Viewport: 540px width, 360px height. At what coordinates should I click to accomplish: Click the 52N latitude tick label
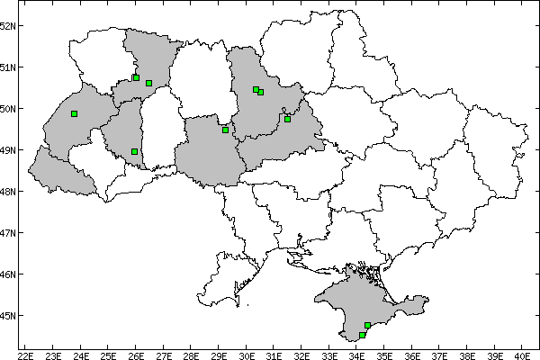[x=9, y=25]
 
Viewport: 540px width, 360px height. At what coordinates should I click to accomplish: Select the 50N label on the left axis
[x=9, y=109]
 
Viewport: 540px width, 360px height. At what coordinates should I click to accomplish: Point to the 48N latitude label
[x=9, y=192]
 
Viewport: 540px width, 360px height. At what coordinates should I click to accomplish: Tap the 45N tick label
[x=9, y=316]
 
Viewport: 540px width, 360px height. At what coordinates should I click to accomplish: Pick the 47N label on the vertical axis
[x=9, y=233]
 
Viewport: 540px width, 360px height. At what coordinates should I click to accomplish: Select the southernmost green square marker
[x=362, y=335]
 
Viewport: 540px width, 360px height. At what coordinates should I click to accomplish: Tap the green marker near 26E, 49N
[x=134, y=151]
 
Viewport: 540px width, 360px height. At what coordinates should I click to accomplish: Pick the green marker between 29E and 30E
[x=225, y=130]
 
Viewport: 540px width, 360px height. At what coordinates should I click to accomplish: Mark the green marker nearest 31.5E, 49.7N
[x=287, y=119]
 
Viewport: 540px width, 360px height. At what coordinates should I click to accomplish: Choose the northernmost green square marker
[x=136, y=77]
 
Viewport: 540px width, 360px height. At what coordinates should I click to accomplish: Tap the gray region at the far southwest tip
[x=58, y=175]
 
